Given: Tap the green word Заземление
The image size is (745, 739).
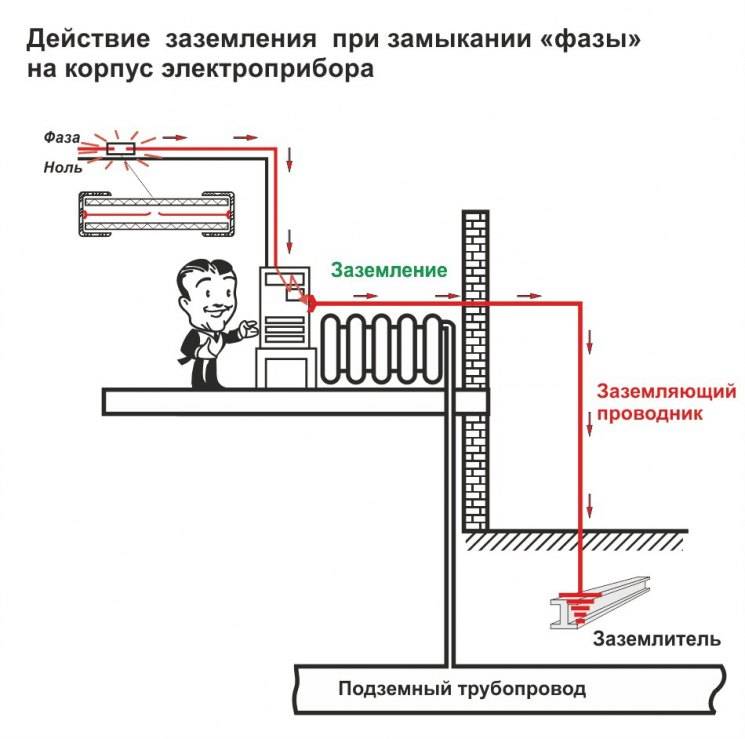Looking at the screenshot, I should coord(389,270).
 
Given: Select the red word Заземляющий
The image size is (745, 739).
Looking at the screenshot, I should coord(666,391).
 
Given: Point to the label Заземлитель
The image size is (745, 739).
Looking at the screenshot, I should coord(656,639).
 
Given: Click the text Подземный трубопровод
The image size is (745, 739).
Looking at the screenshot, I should coord(461,689).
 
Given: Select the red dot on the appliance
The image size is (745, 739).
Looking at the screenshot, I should coord(309,301).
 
